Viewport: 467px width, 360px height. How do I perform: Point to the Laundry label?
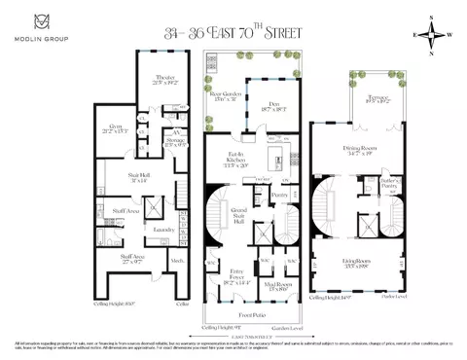pyautogui.click(x=162, y=230)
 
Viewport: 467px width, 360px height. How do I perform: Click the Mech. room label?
pyautogui.click(x=177, y=261)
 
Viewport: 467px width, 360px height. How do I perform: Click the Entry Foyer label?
pyautogui.click(x=233, y=275)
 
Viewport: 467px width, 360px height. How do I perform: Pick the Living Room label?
pyautogui.click(x=357, y=260)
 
